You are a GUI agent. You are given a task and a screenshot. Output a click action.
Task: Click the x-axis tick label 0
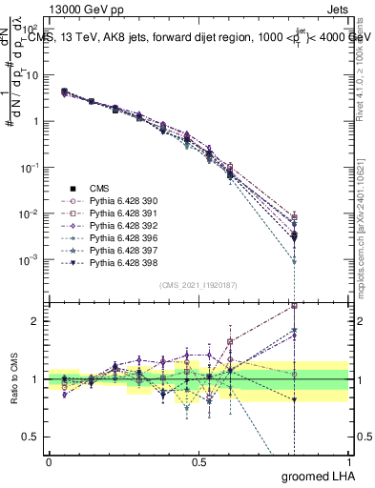click(49, 461)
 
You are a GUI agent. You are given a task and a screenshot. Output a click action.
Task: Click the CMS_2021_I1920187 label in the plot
click(198, 285)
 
